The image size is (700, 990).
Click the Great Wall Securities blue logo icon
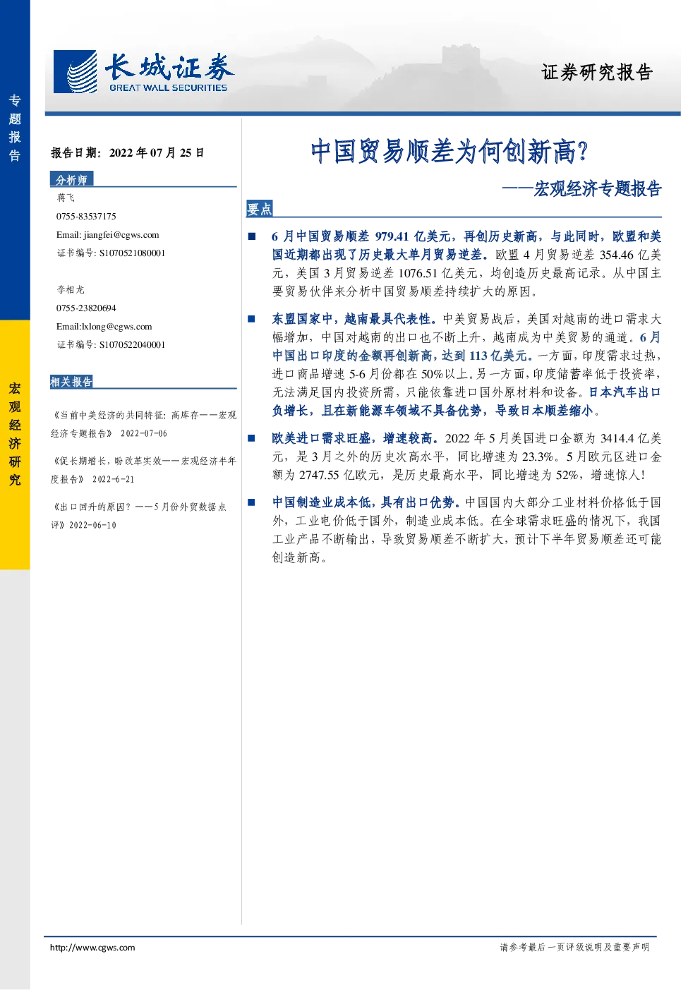click(x=75, y=71)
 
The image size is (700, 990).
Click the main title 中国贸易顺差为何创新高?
click(x=449, y=151)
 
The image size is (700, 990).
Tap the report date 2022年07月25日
click(x=157, y=153)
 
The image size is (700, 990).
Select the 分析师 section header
click(x=71, y=179)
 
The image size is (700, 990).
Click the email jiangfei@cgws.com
click(x=121, y=235)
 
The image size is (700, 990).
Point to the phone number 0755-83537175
click(x=86, y=216)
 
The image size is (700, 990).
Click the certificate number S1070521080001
click(x=132, y=253)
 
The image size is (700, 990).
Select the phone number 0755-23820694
click(x=86, y=308)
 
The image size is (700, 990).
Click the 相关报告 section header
click(x=71, y=382)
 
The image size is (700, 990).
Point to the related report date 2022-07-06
click(x=144, y=433)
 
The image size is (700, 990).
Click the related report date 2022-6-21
click(x=113, y=479)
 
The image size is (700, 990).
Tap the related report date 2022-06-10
click(x=93, y=525)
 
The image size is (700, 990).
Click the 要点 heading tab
click(x=260, y=209)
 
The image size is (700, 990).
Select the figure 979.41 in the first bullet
click(x=392, y=236)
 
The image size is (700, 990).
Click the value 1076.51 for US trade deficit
click(x=418, y=273)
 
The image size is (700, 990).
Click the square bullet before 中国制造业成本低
click(x=251, y=502)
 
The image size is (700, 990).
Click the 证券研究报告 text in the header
click(x=597, y=72)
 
